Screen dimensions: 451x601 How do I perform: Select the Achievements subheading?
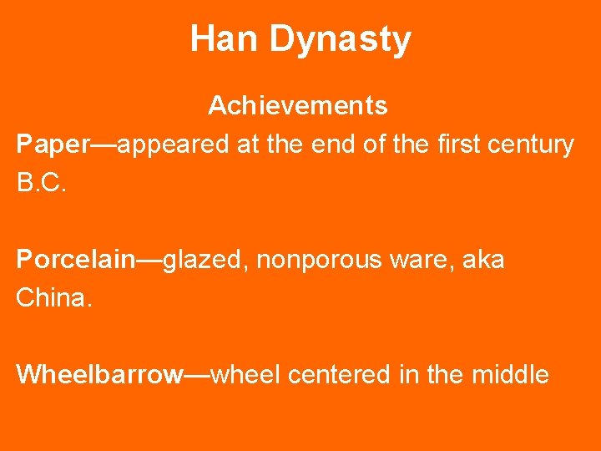[x=297, y=106]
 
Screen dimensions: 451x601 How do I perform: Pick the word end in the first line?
[x=331, y=144]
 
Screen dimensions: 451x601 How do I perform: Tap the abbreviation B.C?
[x=40, y=183]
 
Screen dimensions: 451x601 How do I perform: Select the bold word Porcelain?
[x=75, y=260]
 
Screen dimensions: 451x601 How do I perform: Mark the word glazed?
[x=205, y=260]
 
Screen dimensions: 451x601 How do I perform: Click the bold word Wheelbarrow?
[x=99, y=375]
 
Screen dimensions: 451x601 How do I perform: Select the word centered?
[x=339, y=375]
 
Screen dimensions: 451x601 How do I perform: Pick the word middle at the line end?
[x=510, y=375]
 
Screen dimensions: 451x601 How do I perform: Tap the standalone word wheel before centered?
[x=246, y=375]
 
